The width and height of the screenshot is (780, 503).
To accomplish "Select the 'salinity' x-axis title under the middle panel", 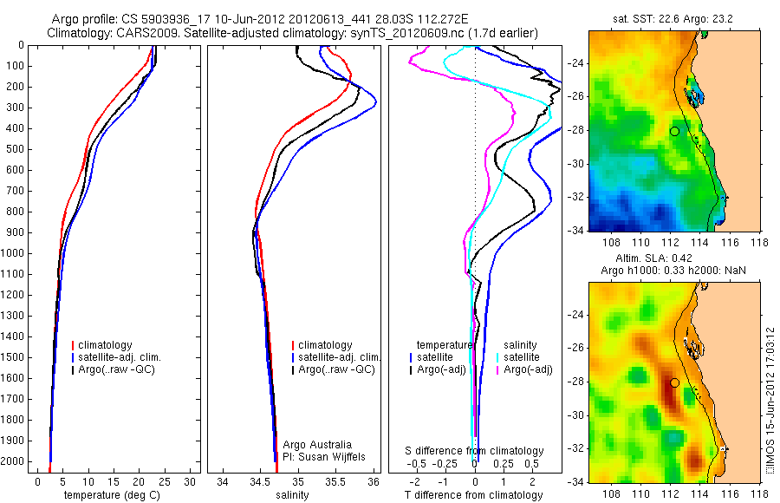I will point(293,495).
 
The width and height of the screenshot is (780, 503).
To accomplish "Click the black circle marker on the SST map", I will point(674,131).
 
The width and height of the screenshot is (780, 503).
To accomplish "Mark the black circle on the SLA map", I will point(674,382).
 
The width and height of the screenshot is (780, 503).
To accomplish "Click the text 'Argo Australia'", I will point(318,444).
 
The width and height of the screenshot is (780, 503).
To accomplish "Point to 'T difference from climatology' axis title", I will point(475,495).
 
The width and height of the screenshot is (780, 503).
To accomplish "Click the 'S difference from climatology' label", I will point(475,451).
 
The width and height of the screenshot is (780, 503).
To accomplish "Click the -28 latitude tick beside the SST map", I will point(575,130).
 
